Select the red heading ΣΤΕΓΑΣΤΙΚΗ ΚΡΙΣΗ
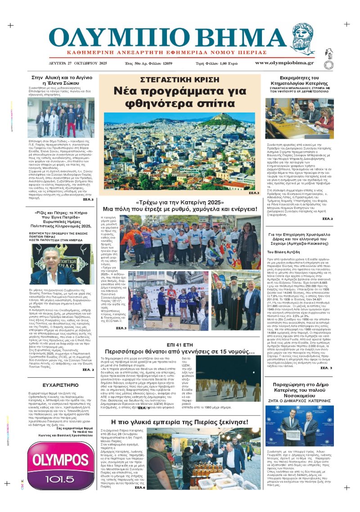point(179,80)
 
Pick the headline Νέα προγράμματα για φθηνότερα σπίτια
point(179,97)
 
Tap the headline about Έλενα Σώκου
point(62,81)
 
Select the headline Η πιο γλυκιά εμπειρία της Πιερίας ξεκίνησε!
point(180,422)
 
